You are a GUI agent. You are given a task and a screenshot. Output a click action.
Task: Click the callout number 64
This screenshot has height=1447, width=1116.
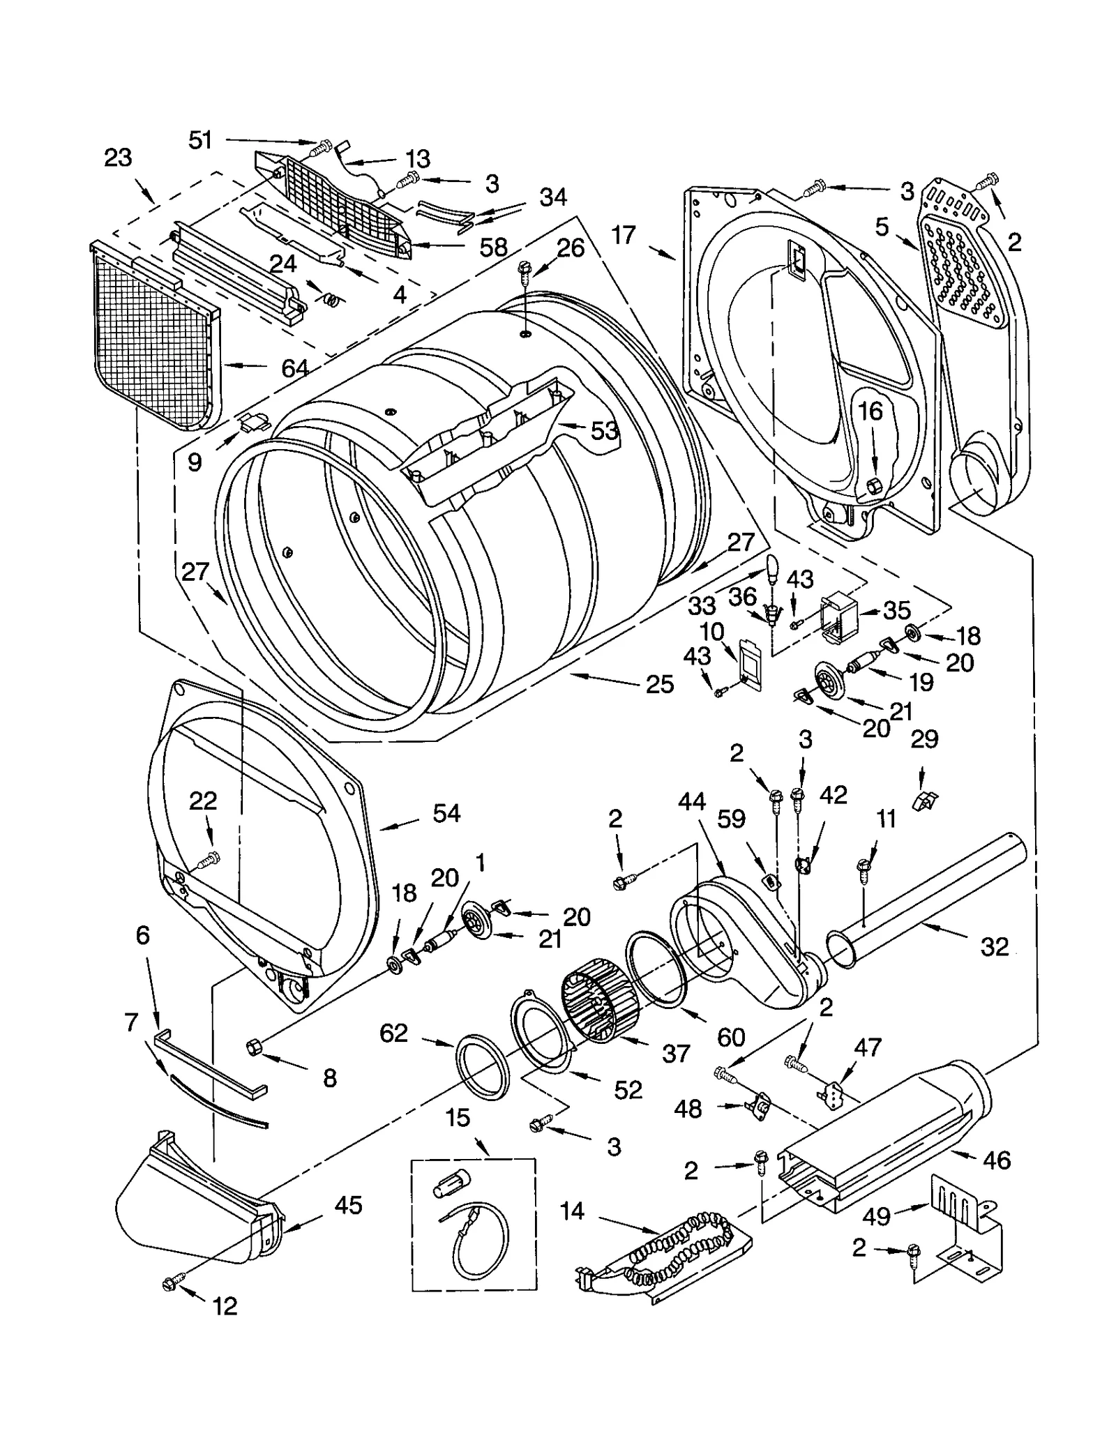294,368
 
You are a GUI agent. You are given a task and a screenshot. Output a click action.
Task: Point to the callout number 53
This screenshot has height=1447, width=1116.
604,430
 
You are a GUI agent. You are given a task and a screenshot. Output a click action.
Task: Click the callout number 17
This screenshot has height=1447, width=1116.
624,235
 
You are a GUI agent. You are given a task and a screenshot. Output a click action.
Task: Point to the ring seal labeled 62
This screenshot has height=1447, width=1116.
481,1069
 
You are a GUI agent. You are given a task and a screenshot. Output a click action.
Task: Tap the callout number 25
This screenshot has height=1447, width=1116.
659,684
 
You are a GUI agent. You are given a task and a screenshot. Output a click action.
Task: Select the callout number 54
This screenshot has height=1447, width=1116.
446,813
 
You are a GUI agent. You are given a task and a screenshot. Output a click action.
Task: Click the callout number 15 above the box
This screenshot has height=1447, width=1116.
458,1118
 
